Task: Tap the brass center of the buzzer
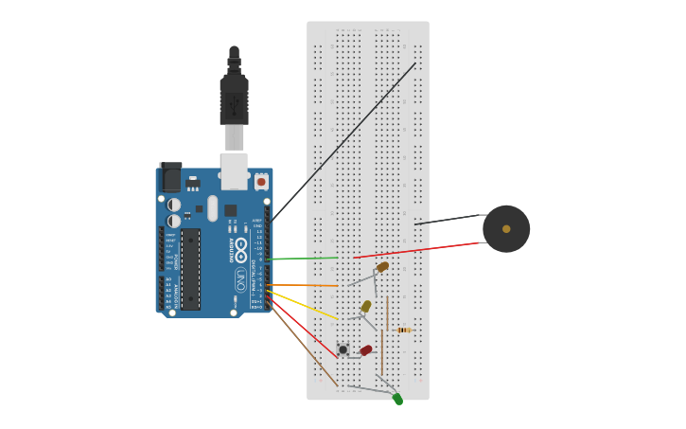point(506,229)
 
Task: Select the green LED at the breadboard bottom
point(397,399)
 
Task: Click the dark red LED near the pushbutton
point(366,350)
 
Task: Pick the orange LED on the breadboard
point(382,267)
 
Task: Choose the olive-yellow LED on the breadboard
point(366,306)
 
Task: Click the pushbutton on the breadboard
point(343,349)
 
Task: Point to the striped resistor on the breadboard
point(404,330)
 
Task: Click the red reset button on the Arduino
point(261,181)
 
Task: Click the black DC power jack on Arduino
point(170,177)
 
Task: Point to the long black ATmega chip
point(190,269)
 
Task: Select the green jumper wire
point(303,258)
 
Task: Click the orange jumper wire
point(303,284)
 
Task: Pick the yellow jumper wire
point(303,304)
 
